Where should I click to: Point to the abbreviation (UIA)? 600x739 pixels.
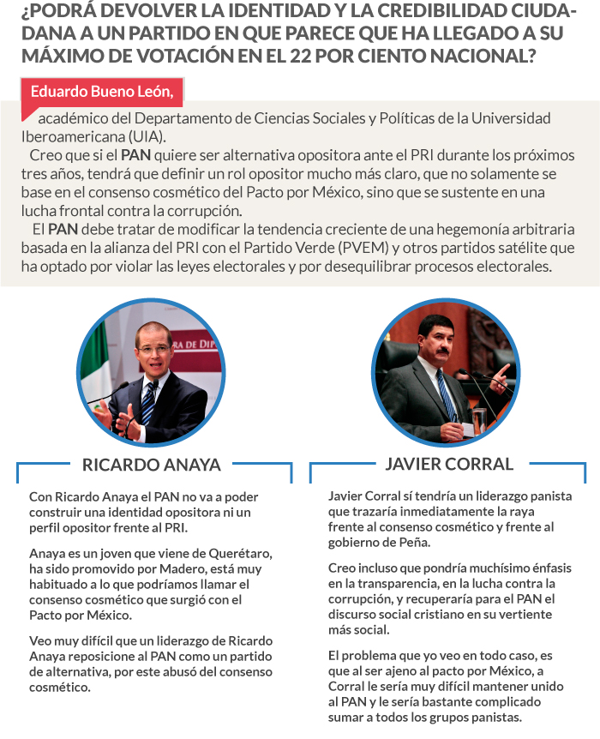(145, 136)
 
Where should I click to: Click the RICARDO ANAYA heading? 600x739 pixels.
(151, 466)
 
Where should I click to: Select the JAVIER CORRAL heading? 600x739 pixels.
(448, 464)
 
